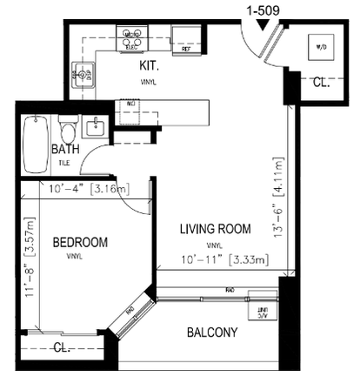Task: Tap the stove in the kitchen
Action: [135, 38]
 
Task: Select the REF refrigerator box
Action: [185, 39]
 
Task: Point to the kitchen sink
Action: [84, 76]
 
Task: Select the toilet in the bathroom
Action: [69, 127]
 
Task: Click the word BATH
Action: [65, 150]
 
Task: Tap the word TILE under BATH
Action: [64, 162]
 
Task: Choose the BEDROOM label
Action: [79, 242]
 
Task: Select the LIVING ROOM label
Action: [215, 229]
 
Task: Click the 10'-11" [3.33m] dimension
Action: [223, 259]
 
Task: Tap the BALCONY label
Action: [211, 333]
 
